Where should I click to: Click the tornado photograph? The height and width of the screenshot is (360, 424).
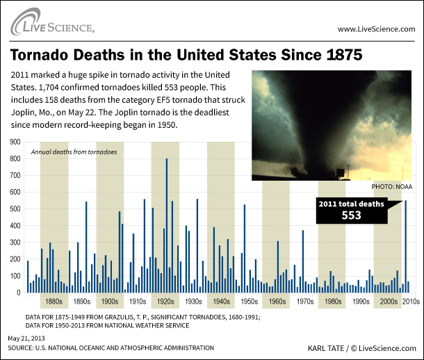(332, 125)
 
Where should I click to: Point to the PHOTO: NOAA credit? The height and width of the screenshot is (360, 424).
(393, 187)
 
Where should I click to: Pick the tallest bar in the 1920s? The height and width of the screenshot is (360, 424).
(166, 225)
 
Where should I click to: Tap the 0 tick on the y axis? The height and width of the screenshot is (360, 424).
(19, 293)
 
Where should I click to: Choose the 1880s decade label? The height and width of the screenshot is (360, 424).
(54, 302)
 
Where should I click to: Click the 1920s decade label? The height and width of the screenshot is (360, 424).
(165, 302)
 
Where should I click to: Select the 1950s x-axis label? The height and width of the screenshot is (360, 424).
(249, 302)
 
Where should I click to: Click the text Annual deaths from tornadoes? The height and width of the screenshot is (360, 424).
(74, 152)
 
